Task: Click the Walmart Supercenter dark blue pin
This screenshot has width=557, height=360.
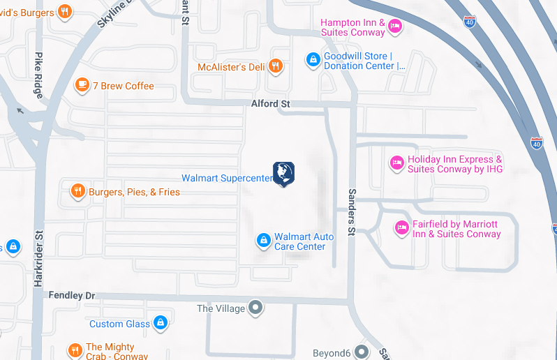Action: click(283, 173)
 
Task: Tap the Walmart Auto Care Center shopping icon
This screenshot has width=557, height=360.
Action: click(263, 241)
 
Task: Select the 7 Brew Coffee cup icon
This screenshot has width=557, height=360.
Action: click(82, 85)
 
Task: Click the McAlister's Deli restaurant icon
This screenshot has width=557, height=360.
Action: click(276, 66)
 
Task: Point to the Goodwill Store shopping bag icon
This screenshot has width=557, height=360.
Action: click(313, 61)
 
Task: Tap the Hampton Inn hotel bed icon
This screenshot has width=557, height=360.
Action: click(395, 27)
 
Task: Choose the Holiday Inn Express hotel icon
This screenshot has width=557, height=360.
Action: click(396, 163)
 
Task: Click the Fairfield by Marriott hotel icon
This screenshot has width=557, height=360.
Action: click(401, 227)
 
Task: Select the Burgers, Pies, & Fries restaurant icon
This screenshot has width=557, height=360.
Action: click(77, 191)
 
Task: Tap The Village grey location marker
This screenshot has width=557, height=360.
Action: click(256, 307)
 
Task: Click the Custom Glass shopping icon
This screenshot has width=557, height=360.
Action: click(161, 323)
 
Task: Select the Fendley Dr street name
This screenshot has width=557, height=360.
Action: click(71, 296)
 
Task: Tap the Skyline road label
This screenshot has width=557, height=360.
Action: click(113, 15)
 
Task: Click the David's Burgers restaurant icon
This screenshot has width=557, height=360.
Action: click(64, 11)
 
